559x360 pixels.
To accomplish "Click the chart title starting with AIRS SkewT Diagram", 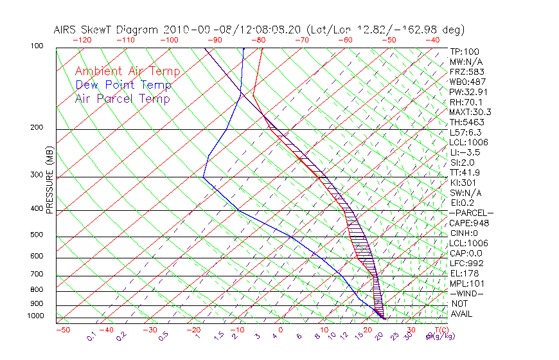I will click(x=259, y=30).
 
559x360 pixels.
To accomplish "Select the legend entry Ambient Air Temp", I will click(x=128, y=71).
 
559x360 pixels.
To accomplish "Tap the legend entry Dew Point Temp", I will click(x=123, y=85).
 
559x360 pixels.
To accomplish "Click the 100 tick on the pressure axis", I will click(x=37, y=46).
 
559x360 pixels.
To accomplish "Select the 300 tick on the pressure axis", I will click(x=37, y=175).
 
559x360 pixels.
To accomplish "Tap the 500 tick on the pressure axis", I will click(x=37, y=235).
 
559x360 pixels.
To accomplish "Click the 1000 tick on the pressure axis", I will click(x=35, y=316).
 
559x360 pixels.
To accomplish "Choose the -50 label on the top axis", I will click(x=389, y=40).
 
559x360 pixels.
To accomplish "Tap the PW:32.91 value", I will click(x=467, y=92).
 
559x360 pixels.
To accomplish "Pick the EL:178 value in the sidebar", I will click(x=463, y=273).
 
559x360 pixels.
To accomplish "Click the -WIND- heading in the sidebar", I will click(x=466, y=293).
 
